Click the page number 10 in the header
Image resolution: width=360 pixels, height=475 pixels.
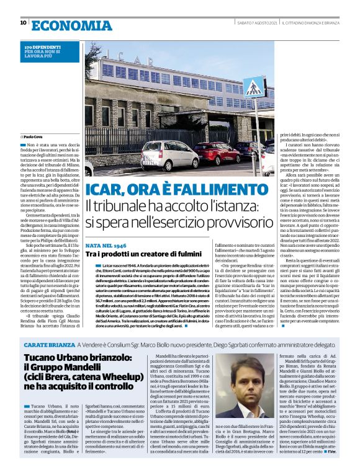[x=23, y=23]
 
